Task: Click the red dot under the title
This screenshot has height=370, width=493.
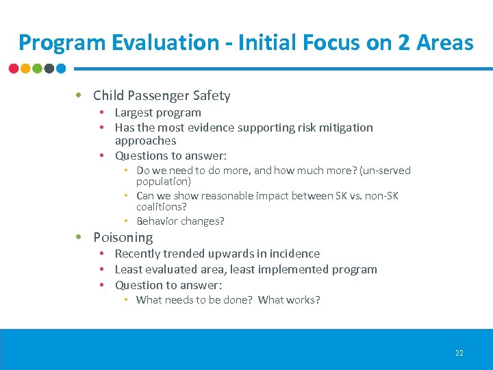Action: [x=14, y=69]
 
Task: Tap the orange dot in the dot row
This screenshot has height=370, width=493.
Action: [x=25, y=69]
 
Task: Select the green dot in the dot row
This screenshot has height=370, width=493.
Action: [x=37, y=69]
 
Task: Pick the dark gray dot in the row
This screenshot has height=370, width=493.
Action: [x=49, y=69]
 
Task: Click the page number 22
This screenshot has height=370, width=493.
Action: [x=459, y=353]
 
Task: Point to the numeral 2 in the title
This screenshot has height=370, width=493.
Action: [x=404, y=42]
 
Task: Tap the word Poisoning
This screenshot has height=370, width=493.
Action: [x=123, y=237]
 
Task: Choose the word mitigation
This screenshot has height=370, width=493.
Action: [x=346, y=127]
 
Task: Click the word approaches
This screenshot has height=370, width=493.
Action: [x=145, y=140]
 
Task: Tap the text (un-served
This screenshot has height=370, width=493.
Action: [x=385, y=170]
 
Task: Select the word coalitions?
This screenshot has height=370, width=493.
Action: [x=162, y=206]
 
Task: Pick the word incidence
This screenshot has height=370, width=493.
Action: [x=294, y=254]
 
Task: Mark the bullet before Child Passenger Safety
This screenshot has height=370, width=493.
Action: [x=79, y=95]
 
